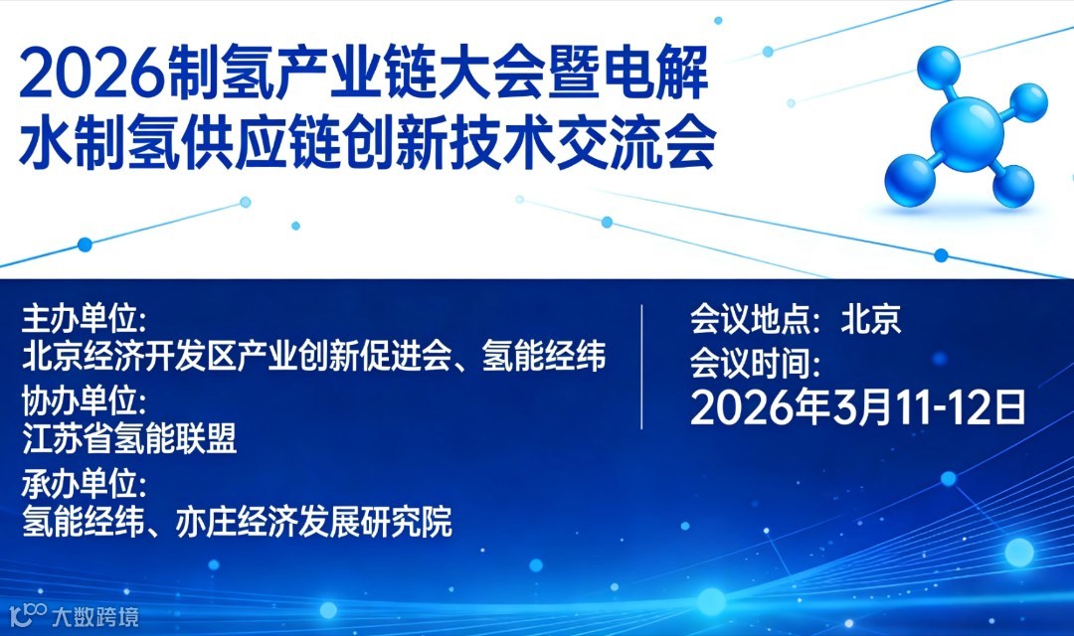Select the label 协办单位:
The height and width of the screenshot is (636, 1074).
(x=84, y=401)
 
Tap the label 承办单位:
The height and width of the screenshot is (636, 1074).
(x=84, y=485)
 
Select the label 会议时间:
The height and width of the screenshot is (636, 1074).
(x=755, y=364)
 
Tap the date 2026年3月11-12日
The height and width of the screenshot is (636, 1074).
(x=857, y=407)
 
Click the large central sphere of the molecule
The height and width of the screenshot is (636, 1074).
(x=967, y=134)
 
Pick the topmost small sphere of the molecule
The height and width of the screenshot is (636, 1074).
(x=939, y=68)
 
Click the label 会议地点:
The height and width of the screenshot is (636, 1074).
(x=755, y=320)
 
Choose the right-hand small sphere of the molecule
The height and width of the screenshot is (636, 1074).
(x=1026, y=102)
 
